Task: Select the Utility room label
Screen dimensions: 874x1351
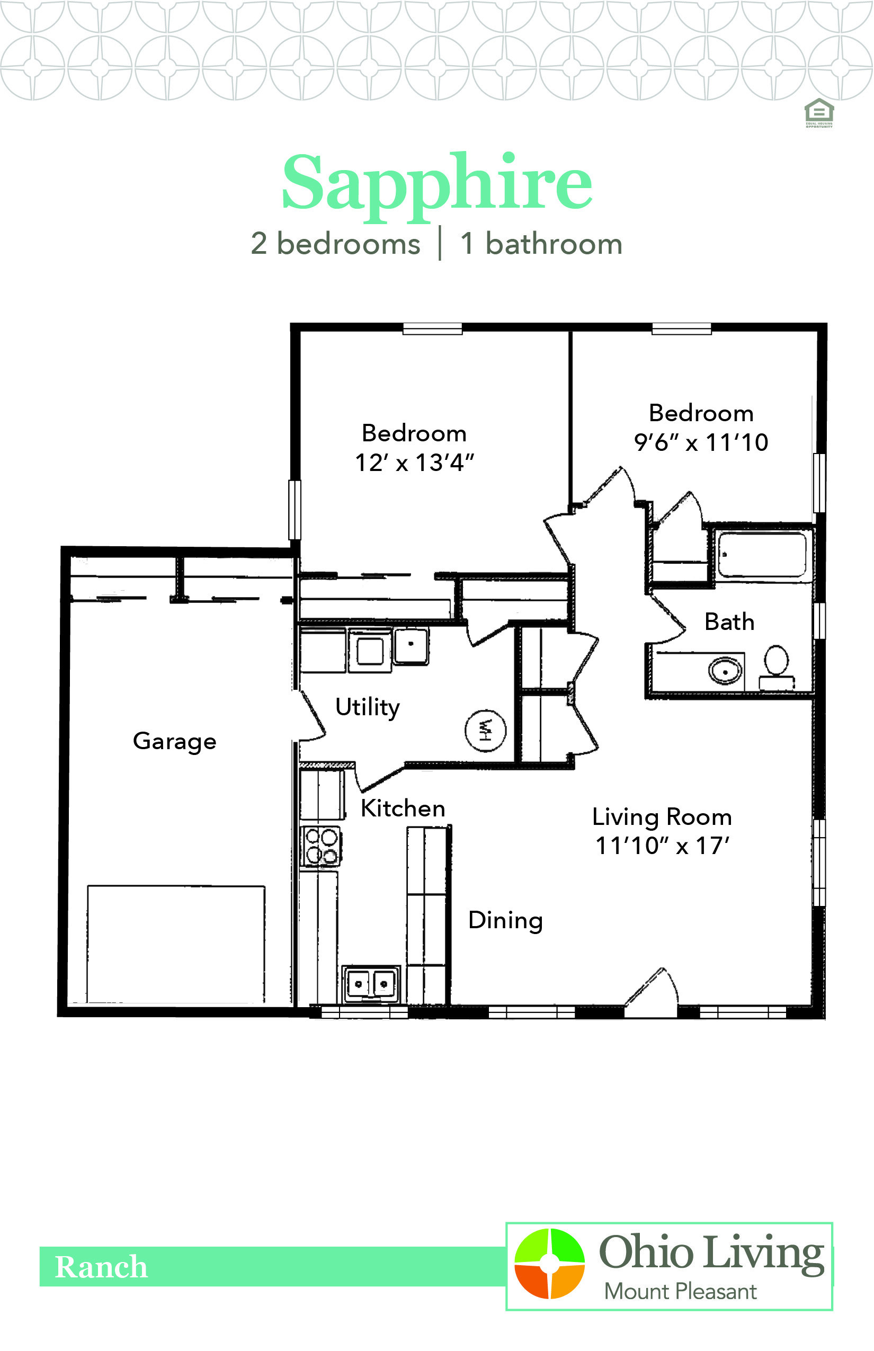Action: tap(368, 708)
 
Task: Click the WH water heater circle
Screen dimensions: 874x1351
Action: tap(485, 730)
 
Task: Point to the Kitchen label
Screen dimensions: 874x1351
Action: tap(403, 808)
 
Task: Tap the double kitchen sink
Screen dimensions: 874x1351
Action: tap(371, 984)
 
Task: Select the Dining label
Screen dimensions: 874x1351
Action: tap(506, 921)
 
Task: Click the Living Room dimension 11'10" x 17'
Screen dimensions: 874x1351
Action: tap(662, 846)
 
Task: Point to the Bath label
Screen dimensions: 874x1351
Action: tap(729, 621)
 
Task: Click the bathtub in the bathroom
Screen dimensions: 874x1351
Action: tap(762, 554)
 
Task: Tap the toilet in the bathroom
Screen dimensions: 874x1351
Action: tap(777, 667)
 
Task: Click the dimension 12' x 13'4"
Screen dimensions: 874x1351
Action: tap(414, 463)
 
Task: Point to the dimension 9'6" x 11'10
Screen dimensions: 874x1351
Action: tap(701, 443)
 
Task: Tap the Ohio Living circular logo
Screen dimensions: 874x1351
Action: tap(549, 1264)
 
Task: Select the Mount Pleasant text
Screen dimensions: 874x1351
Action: tap(680, 1292)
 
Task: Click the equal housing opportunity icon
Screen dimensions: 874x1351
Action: tap(819, 113)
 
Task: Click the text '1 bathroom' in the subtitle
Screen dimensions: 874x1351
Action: tap(541, 244)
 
